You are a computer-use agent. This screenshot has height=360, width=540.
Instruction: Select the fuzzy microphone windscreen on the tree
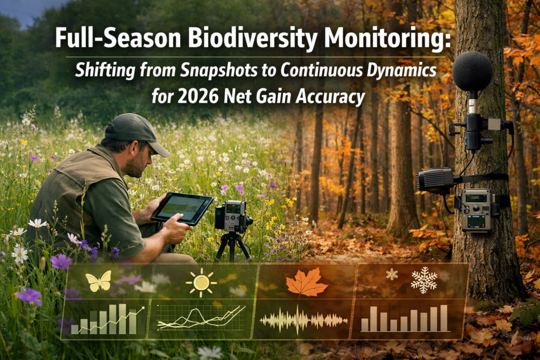[472, 71]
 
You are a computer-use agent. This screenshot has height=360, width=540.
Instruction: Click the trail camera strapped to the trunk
[477, 210]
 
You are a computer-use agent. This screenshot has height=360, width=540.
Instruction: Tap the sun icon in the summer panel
[201, 283]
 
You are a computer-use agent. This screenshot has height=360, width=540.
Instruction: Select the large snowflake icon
[424, 280]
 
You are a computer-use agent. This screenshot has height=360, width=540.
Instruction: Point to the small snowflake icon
[392, 274]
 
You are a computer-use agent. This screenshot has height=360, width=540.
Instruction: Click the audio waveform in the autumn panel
[303, 319]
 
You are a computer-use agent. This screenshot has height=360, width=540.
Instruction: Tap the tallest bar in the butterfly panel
[122, 318]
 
